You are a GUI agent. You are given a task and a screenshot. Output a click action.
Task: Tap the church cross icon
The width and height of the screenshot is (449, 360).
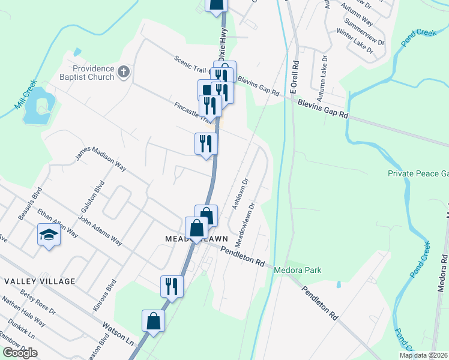(x=124, y=73)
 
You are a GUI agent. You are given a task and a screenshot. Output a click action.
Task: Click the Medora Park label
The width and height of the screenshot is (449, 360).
(x=297, y=270)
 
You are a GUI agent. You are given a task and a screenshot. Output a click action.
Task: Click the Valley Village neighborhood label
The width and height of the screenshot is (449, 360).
(x=40, y=281)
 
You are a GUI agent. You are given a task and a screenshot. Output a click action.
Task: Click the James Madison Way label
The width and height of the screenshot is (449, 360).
(x=100, y=160)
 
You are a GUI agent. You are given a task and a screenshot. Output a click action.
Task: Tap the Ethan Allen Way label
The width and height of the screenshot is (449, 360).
(x=57, y=221)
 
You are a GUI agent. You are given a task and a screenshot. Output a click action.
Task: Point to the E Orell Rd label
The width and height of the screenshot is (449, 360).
(x=295, y=76)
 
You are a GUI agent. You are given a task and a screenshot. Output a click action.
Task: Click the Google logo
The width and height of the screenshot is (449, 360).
(x=20, y=353)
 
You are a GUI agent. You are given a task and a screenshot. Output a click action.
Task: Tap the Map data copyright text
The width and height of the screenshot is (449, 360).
(x=423, y=355)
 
